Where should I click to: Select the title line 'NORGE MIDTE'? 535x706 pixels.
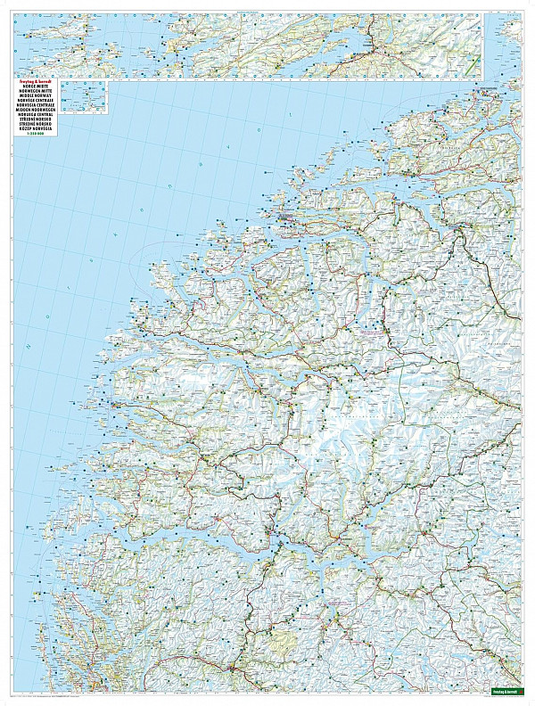point(35,86)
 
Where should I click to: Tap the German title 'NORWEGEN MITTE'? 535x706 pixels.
point(37,92)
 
